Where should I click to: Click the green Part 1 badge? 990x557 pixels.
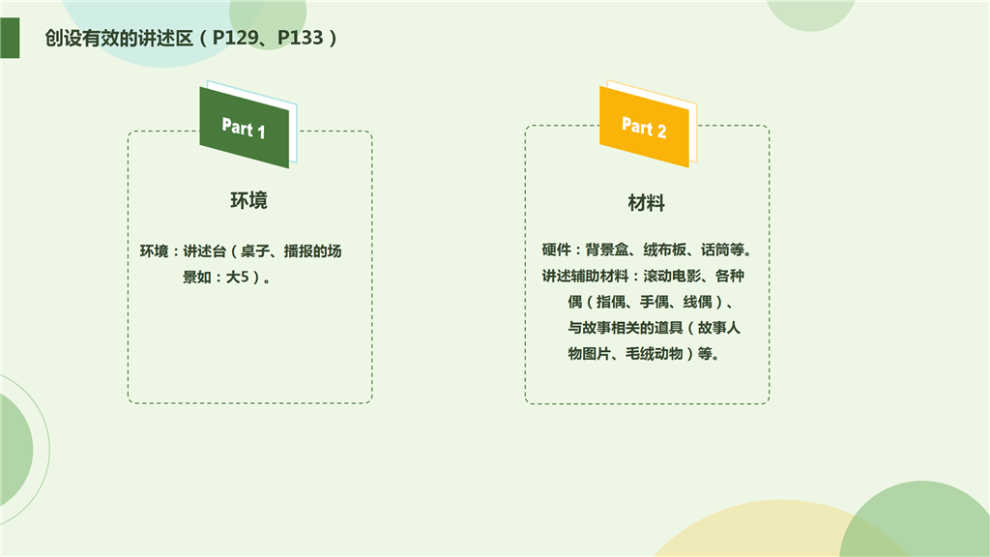tap(245, 127)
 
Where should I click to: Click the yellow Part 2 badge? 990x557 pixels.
tap(644, 127)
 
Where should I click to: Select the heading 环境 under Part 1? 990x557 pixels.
tap(248, 200)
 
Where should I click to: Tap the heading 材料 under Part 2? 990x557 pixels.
tap(647, 203)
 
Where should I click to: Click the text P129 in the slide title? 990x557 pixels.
tap(235, 38)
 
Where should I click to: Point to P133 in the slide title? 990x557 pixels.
tap(301, 38)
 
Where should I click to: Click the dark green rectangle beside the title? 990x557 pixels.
tap(10, 38)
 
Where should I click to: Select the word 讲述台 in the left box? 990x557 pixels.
tap(205, 251)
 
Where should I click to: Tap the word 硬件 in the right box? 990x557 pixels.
tap(556, 250)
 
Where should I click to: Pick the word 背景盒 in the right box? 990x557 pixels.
tap(607, 250)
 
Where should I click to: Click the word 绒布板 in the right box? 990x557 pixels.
tap(665, 250)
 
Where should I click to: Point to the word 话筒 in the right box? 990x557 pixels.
tap(715, 250)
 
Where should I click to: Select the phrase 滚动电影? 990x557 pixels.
tap(673, 276)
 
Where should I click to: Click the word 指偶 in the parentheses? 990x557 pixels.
tap(611, 302)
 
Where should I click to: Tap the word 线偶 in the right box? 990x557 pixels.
tap(698, 302)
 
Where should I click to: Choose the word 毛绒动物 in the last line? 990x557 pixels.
tap(655, 354)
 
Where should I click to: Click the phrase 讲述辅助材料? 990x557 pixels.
tap(585, 276)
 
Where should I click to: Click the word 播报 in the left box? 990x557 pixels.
tap(298, 251)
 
